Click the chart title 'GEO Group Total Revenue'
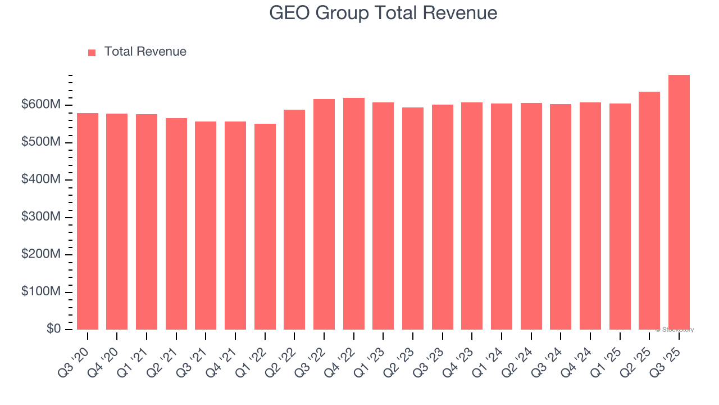coord(383,13)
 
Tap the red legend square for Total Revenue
coord(92,52)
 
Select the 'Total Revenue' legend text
coord(145,52)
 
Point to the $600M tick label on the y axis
coord(42,105)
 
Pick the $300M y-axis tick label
coord(42,217)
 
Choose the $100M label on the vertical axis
coord(42,292)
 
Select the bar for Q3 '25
coord(679,202)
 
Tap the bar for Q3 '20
coord(88,222)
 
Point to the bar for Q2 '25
coord(649,211)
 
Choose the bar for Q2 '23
coord(413,219)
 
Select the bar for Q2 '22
coord(294,220)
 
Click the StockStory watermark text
coord(675,330)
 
